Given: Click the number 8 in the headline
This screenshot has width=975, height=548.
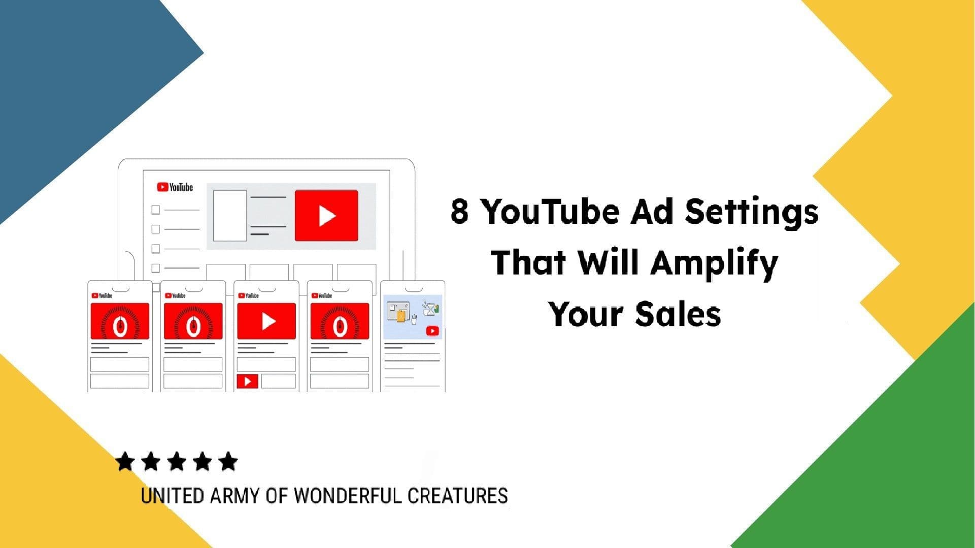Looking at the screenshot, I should coord(459,211).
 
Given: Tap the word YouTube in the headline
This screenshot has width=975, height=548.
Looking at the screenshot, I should coord(550,211).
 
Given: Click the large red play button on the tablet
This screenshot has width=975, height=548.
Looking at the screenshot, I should coord(326,216).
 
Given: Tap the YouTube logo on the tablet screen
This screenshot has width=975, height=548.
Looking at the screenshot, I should coord(175,187).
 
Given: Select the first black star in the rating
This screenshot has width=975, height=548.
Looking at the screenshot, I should coord(125,462).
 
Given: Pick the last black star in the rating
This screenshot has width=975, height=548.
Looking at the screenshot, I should coord(228,462).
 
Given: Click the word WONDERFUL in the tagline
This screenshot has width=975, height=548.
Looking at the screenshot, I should coord(348,496).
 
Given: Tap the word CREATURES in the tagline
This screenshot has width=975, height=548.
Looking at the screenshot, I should coord(457,496).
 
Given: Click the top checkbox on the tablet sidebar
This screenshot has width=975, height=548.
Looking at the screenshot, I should coord(156,210).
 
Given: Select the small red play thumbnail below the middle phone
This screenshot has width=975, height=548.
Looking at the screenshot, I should coord(248,381).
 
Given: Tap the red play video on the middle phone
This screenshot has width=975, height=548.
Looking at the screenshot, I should coord(266,321).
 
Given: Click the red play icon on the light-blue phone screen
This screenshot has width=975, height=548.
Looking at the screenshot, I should coord(432,331).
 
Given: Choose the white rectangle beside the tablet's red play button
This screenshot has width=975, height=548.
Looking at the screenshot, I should coord(229,216).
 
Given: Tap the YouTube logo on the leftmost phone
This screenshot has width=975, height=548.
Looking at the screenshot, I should coord(102,295).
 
